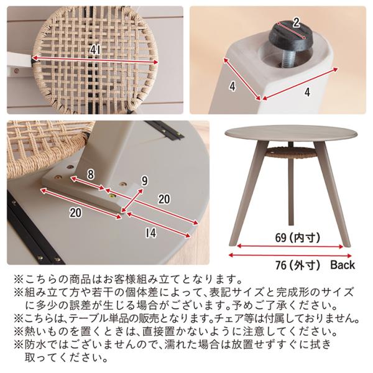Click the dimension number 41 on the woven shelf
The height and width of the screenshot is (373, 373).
pos(96,50)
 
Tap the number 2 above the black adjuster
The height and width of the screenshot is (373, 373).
pos(296,23)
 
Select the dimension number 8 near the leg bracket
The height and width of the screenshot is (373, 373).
pos(91,174)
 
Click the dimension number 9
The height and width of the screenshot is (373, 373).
pos(145,182)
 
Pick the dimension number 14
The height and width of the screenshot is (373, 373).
pos(151,233)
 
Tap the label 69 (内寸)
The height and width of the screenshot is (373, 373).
pos(297,237)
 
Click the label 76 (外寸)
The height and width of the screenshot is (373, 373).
pos(297,265)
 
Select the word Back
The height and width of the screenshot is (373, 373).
pos(343,265)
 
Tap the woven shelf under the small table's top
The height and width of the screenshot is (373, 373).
pos(291,152)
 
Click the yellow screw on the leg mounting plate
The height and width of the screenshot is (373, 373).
pos(111,196)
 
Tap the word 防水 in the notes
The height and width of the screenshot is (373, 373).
pos(35,344)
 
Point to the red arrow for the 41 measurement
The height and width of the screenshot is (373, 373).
pos(95,60)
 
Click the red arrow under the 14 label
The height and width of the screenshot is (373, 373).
pos(159,225)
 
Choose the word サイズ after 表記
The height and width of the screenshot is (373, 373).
pos(248,292)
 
